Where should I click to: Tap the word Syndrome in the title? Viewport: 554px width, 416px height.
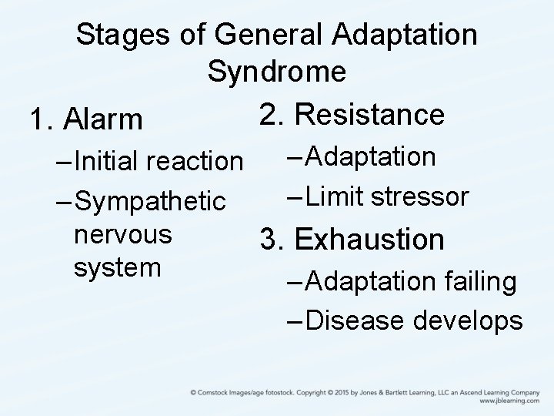276,72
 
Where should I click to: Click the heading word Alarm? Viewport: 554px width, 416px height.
104,120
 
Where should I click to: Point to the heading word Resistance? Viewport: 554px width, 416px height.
370,114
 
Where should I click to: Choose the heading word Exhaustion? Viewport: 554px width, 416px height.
370,240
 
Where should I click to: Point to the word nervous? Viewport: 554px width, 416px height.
122,234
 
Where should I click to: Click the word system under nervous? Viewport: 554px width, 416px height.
118,267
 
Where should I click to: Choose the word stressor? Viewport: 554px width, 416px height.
419,196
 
